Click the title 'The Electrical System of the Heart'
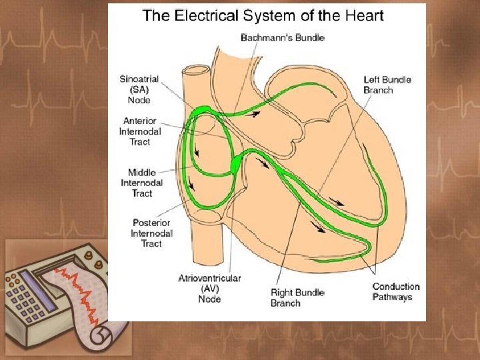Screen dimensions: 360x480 click(263, 15)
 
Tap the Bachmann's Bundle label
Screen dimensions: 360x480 click(283, 37)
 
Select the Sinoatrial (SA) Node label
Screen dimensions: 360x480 click(139, 89)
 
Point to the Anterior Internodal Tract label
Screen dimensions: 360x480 click(140, 131)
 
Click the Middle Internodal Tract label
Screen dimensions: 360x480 click(142, 183)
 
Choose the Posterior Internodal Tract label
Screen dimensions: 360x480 click(151, 233)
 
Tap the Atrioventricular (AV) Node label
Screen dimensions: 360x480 click(210, 289)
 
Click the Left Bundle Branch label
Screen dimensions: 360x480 click(387, 85)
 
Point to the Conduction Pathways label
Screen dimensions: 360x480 click(396, 291)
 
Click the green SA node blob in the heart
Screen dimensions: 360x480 click(203, 109)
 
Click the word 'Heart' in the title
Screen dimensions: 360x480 click(364, 15)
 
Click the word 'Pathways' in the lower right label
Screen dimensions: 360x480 click(392, 297)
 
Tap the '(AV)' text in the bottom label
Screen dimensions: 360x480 click(210, 289)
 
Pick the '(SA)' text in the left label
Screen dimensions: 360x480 click(139, 89)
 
